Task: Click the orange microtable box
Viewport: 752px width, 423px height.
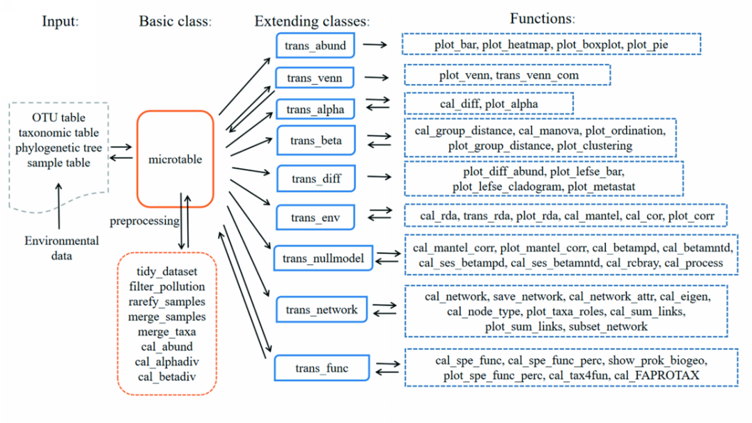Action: (x=175, y=159)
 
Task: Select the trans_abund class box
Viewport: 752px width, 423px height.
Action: (x=315, y=46)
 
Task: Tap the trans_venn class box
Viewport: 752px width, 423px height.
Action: (x=314, y=78)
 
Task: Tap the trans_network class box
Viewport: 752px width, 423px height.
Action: (x=321, y=310)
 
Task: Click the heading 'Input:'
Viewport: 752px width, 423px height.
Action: (x=61, y=21)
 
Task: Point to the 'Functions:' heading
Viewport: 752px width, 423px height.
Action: (x=542, y=19)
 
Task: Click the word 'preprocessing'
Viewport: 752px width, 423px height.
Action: (x=144, y=221)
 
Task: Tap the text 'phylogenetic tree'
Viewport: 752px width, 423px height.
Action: (x=58, y=147)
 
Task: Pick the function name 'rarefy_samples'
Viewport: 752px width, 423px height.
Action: (x=167, y=301)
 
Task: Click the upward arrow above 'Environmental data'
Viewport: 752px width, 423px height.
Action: (x=59, y=207)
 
